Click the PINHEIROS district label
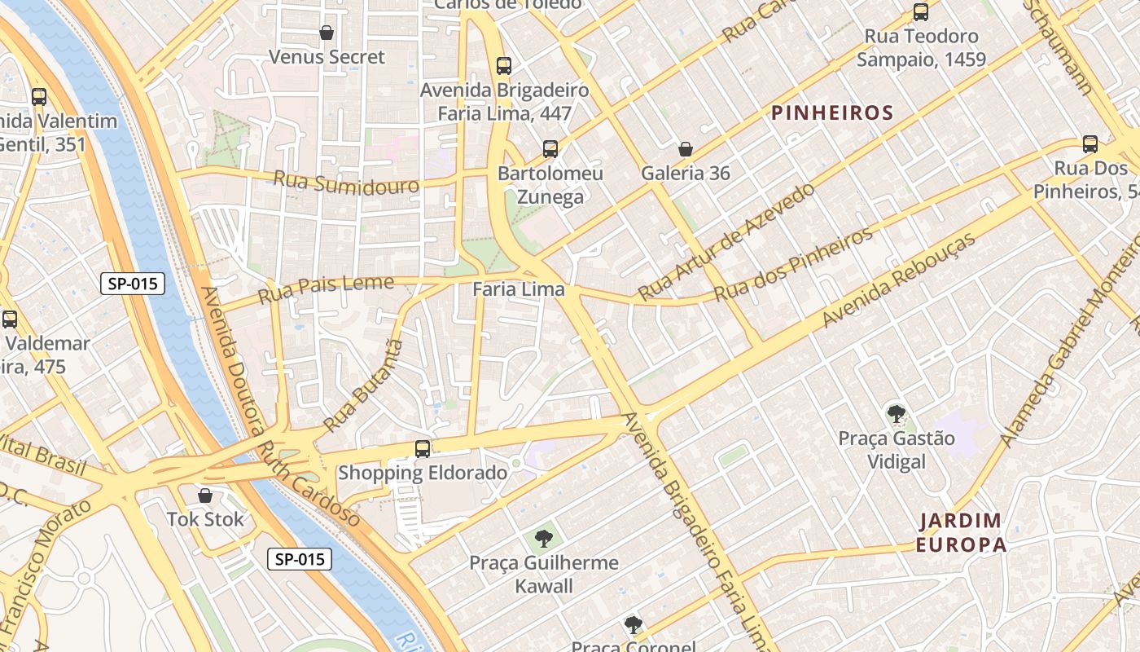(x=832, y=113)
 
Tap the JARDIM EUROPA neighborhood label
(x=961, y=532)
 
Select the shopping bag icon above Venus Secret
(x=327, y=33)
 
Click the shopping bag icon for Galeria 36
(x=686, y=149)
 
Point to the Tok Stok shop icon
(x=205, y=496)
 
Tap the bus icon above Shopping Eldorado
(x=422, y=448)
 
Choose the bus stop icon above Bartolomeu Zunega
(x=550, y=149)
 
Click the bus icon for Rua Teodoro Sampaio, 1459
(x=921, y=12)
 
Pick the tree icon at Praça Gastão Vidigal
(x=896, y=414)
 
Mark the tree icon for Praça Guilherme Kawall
(x=544, y=538)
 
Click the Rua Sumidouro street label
(x=346, y=183)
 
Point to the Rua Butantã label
(x=364, y=386)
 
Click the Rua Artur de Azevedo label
(x=726, y=242)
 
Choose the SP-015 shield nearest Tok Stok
(x=300, y=559)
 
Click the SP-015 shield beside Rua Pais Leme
(x=133, y=284)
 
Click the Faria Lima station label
(x=518, y=289)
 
